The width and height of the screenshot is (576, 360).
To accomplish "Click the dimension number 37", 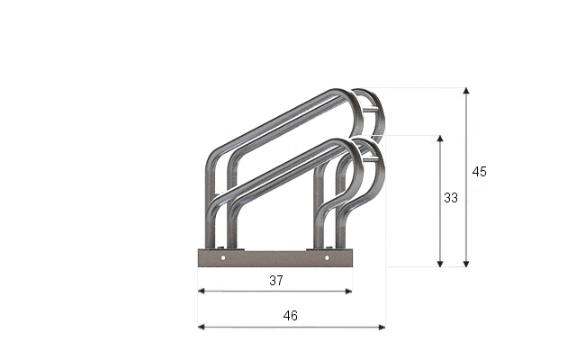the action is [276, 281].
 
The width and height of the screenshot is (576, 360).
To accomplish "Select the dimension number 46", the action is [290, 316].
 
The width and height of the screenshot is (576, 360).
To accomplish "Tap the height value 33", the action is [451, 198].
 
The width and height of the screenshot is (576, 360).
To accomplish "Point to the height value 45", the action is [480, 172].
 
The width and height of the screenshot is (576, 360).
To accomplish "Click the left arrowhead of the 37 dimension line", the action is [201, 292].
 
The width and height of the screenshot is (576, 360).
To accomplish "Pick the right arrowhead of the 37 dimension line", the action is [349, 292].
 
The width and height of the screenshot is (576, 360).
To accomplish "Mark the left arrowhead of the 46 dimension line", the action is [201, 327].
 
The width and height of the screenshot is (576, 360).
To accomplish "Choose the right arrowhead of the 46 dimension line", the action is [382, 327].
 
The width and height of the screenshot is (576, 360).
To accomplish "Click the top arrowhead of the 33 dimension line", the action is [440, 139].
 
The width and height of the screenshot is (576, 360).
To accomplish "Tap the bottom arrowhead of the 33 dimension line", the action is [440, 264].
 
